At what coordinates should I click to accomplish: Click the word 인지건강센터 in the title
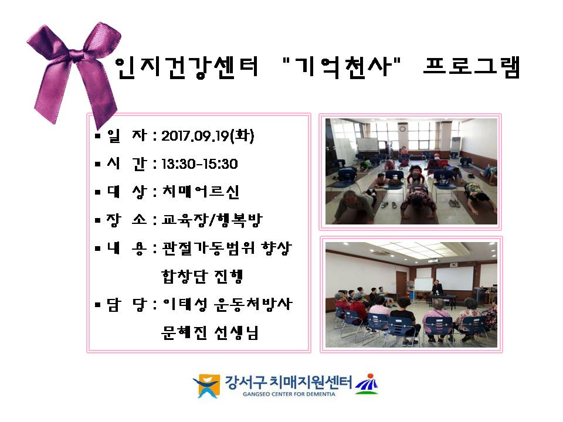click(x=186, y=67)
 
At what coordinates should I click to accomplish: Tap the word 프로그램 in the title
click(x=472, y=67)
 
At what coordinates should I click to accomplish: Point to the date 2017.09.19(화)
click(x=208, y=135)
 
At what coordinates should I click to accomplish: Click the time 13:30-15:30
click(x=199, y=164)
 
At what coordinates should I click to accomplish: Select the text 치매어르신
click(x=201, y=192)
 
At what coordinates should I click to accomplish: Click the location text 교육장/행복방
click(x=212, y=220)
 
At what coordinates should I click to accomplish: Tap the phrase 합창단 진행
click(x=202, y=276)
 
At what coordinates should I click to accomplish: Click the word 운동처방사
click(x=253, y=304)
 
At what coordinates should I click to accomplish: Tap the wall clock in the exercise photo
click(x=402, y=128)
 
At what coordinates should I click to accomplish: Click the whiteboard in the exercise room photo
click(x=367, y=145)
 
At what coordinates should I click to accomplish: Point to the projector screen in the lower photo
click(x=454, y=278)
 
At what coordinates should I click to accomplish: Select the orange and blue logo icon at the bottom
click(x=206, y=386)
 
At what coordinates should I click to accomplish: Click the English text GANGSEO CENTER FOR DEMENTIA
click(x=289, y=394)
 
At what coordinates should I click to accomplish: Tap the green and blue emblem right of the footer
click(x=367, y=384)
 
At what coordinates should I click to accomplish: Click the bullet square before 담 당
click(x=98, y=305)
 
